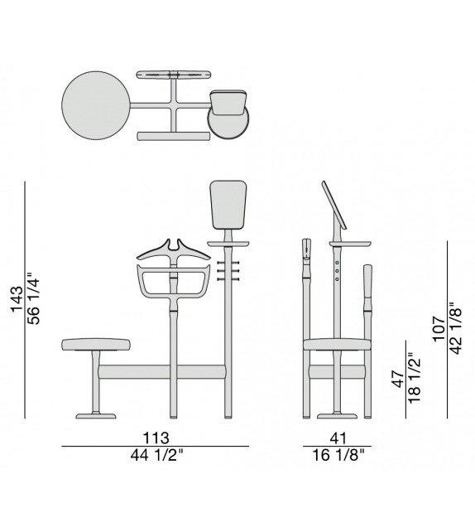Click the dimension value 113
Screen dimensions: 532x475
pyautogui.click(x=155, y=438)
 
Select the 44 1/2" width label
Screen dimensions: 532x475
pyautogui.click(x=155, y=455)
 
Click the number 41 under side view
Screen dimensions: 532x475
pyautogui.click(x=337, y=438)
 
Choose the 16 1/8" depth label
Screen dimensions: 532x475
pyautogui.click(x=337, y=455)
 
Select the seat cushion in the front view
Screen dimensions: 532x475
pyautogui.click(x=97, y=344)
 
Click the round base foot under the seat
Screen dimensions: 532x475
pyautogui.click(x=97, y=414)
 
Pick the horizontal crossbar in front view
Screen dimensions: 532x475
pyautogui.click(x=162, y=372)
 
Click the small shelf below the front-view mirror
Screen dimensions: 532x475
pyautogui.click(x=228, y=243)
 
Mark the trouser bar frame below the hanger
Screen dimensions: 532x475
pyautogui.click(x=173, y=282)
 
